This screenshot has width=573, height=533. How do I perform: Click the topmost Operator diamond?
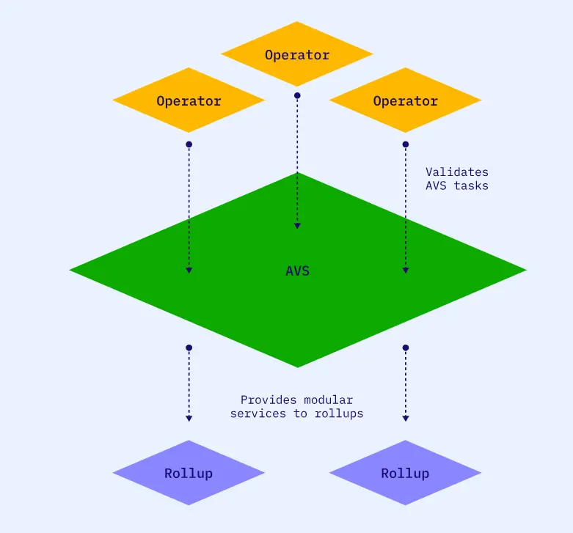[297, 55]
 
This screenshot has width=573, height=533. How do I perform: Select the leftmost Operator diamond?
[189, 101]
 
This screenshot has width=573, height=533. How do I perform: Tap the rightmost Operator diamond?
[405, 101]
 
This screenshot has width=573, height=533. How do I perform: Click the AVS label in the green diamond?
[297, 271]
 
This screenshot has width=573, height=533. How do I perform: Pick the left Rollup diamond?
[189, 473]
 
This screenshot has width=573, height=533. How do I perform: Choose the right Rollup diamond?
[405, 473]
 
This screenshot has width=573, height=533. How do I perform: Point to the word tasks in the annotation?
[471, 185]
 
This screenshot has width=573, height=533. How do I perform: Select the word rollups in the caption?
[339, 413]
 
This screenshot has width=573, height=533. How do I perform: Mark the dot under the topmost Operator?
[297, 95]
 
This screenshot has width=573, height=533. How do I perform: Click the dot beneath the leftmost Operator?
[189, 144]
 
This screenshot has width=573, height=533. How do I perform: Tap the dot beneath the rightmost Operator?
[406, 144]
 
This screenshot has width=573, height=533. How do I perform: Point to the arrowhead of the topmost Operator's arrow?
[297, 226]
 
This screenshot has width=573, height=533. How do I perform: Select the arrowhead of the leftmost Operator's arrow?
[189, 271]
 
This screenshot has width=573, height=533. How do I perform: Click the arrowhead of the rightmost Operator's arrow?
[406, 271]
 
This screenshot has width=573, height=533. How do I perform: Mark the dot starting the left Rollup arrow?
[189, 348]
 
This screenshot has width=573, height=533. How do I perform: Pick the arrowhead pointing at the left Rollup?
[189, 419]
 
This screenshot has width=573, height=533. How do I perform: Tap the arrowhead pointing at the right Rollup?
[406, 419]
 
